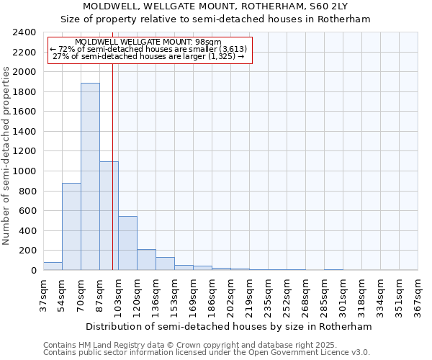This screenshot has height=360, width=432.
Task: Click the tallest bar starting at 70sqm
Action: (x=90, y=176)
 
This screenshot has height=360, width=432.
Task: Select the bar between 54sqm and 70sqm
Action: (x=71, y=227)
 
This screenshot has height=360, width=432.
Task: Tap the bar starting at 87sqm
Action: (x=109, y=216)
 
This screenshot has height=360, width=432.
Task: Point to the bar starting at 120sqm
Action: (x=146, y=260)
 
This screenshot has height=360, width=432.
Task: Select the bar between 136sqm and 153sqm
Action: (x=165, y=264)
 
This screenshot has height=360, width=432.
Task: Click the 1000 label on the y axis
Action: (x=27, y=171)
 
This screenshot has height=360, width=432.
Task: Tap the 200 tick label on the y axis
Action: (x=30, y=251)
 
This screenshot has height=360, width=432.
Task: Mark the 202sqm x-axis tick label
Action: (x=230, y=296)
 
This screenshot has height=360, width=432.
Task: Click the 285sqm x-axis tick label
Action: (x=324, y=296)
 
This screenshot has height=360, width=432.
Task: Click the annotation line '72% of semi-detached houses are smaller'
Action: (x=148, y=49)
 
